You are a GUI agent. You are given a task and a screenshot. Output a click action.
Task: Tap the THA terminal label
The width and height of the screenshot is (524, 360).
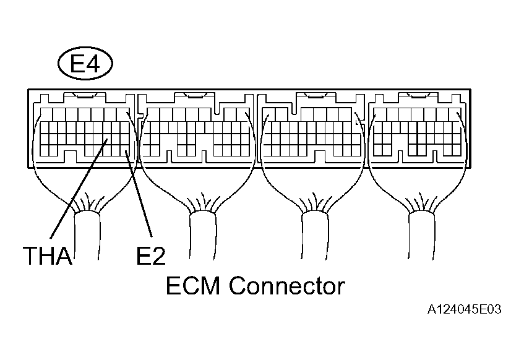pos(48,255)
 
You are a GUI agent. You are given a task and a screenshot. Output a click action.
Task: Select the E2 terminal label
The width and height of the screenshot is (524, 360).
pos(151,255)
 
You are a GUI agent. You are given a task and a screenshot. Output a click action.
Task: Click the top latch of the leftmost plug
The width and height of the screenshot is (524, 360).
pos(85,96)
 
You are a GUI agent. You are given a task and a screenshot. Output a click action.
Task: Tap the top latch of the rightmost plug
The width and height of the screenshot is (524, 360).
pos(418,96)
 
